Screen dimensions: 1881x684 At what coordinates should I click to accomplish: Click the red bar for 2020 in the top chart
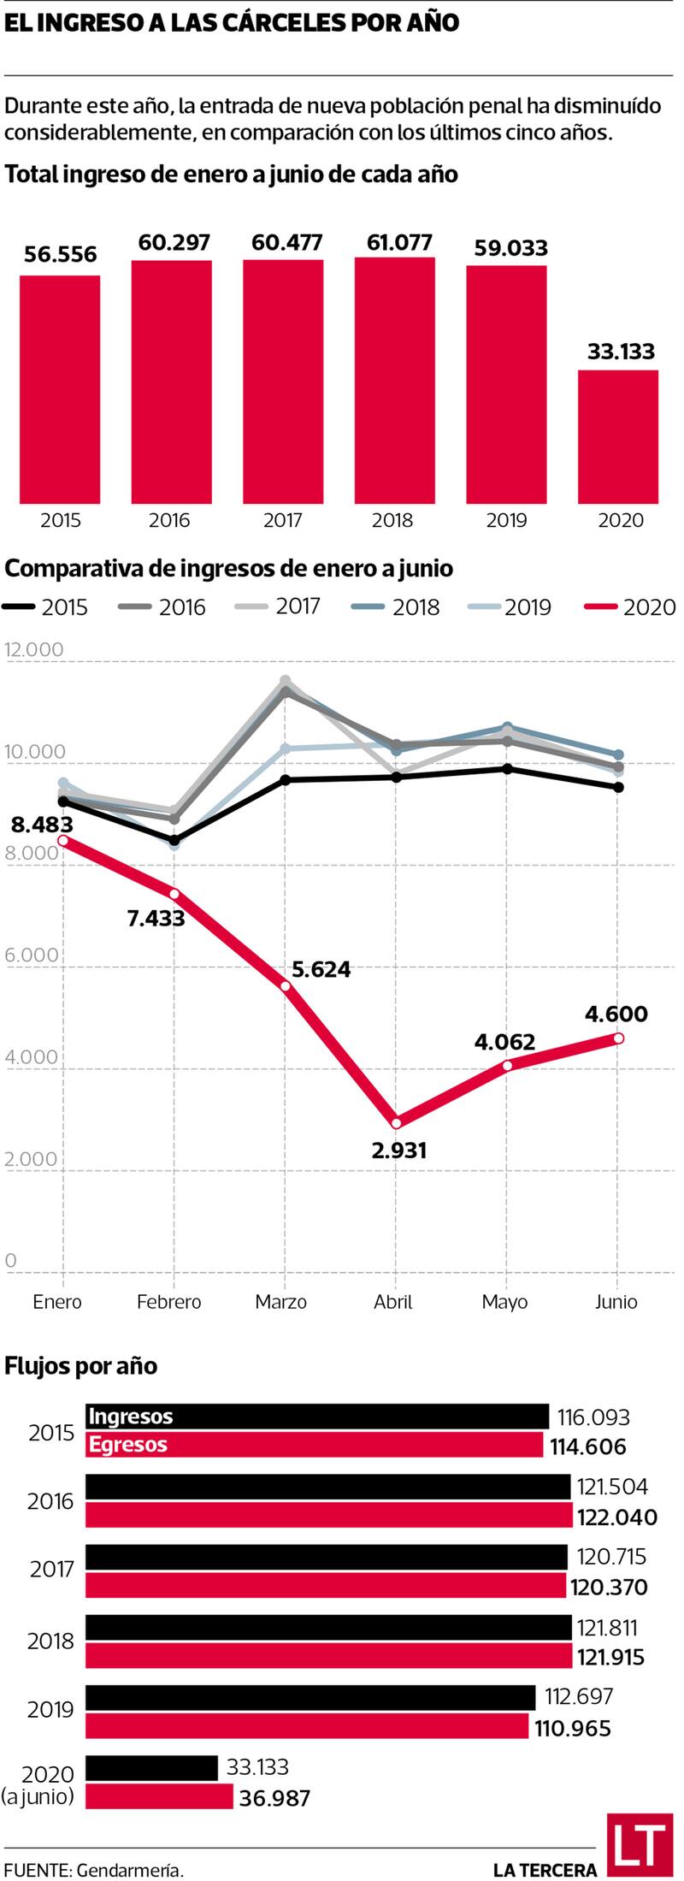tap(617, 436)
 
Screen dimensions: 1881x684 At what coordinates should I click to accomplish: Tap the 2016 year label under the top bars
tap(169, 520)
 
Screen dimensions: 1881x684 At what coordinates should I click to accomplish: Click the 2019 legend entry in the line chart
tap(510, 607)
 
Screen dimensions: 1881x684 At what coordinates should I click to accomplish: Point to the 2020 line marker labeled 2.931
tap(396, 1123)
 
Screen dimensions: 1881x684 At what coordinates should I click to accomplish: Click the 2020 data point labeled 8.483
tap(63, 841)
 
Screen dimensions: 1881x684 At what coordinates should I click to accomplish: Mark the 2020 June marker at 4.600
tap(618, 1038)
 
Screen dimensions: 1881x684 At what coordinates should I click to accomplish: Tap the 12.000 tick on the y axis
tap(34, 649)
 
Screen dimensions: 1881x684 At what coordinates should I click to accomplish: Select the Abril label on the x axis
tap(393, 1302)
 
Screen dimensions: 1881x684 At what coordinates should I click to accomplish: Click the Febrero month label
tap(169, 1302)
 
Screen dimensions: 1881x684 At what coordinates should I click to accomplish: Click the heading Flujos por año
tap(81, 1366)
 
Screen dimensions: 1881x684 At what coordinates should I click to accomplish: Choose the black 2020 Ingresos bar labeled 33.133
tap(151, 1767)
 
